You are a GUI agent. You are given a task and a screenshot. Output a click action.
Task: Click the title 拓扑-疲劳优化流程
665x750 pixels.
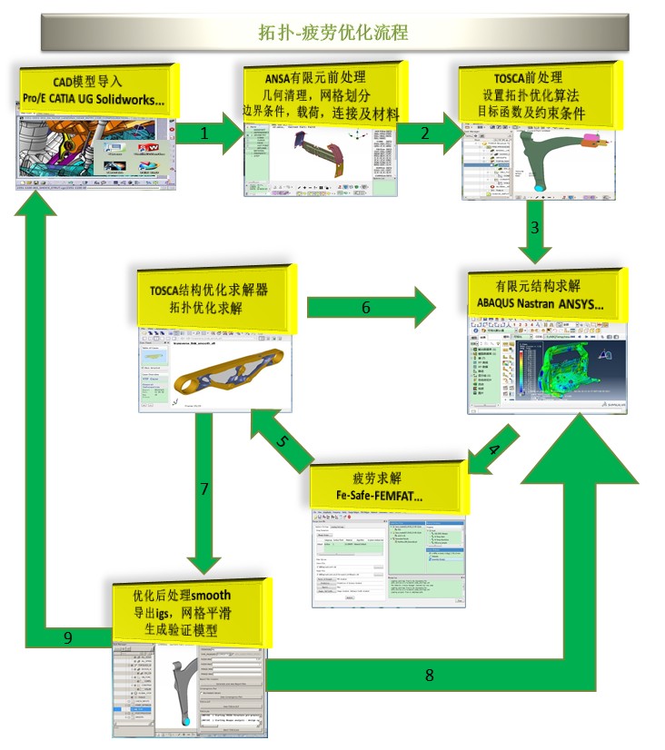332,33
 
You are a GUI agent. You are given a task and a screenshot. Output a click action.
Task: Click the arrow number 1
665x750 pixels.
204,133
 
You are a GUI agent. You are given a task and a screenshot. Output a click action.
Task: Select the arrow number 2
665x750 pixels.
425,133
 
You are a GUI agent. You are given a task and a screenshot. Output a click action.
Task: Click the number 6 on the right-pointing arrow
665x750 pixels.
366,308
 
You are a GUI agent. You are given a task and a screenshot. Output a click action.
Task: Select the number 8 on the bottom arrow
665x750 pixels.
430,675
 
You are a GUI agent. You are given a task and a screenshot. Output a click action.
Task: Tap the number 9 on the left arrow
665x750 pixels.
67,637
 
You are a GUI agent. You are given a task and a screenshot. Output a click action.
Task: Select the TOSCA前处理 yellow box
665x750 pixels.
538,94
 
